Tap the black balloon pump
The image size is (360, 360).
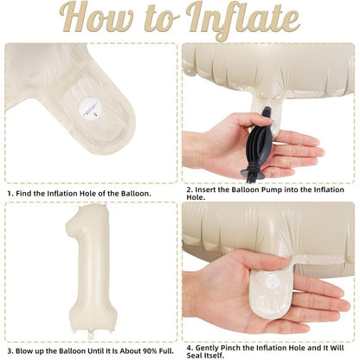point(258,145)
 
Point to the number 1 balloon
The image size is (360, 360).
point(91,271)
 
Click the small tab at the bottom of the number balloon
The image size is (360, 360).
point(92,335)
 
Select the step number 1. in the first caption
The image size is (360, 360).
point(10,194)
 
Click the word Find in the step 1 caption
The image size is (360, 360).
point(23,194)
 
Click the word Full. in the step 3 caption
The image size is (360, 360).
point(166,351)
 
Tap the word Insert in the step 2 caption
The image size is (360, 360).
point(205,190)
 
